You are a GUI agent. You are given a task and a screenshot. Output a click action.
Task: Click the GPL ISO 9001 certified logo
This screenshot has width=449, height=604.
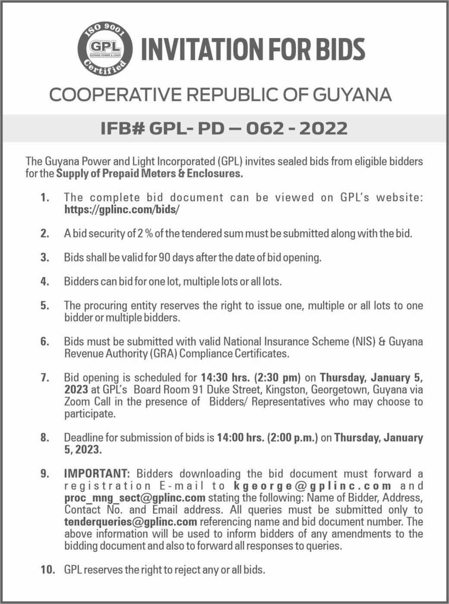click(x=104, y=50)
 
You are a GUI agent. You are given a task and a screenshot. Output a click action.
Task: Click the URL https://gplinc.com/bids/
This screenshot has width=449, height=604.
click(x=121, y=210)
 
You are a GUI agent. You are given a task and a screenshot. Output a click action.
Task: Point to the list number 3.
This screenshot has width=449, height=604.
click(x=44, y=258)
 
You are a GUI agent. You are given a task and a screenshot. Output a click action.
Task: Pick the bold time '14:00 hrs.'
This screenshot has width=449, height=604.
click(x=240, y=437)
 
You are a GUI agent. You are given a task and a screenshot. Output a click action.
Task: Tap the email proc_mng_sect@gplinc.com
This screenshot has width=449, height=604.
click(x=135, y=497)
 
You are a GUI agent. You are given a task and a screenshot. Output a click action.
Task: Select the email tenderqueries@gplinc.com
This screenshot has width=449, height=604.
click(x=130, y=522)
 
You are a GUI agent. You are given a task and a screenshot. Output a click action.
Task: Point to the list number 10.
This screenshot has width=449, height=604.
click(x=48, y=569)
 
